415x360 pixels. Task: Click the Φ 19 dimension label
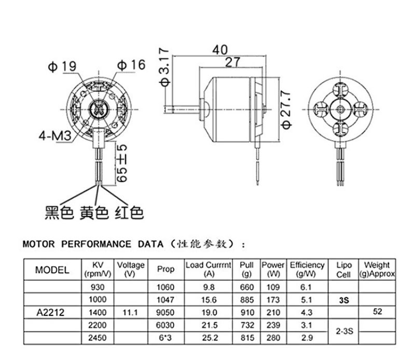point(62,66)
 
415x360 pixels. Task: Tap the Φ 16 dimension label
point(131,65)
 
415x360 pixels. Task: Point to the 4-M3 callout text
point(55,136)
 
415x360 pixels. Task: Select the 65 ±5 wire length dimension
point(122,163)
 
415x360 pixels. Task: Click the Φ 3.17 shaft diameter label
point(164,67)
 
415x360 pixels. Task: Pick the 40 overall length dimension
point(219,50)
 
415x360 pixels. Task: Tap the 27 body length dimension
point(232,62)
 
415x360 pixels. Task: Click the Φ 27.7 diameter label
point(286,109)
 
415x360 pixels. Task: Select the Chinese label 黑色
point(59,213)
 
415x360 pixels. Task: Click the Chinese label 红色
point(129,213)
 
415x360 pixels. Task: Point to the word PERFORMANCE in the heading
point(96,244)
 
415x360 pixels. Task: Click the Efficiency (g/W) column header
point(307,269)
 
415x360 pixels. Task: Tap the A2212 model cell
point(50,313)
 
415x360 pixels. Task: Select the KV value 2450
point(98,338)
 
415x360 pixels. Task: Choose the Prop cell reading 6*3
point(165,338)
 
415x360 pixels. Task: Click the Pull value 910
point(247,313)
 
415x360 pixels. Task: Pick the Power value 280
point(273,338)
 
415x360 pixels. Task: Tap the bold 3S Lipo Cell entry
point(344,300)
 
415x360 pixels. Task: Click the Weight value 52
point(378,312)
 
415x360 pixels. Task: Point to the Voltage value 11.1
point(131,313)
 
